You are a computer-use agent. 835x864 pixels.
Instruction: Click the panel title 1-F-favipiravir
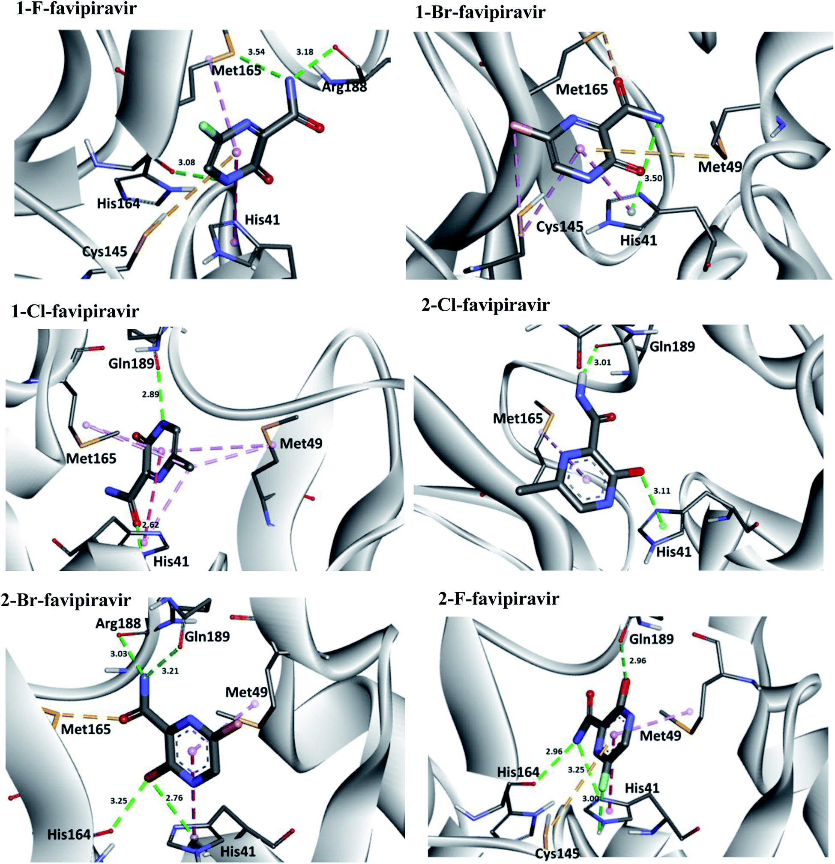pyautogui.click(x=76, y=9)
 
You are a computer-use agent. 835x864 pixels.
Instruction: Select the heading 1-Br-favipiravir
pyautogui.click(x=480, y=12)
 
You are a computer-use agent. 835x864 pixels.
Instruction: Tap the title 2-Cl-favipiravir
pyautogui.click(x=485, y=304)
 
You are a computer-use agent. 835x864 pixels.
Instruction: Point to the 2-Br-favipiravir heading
pyautogui.click(x=66, y=600)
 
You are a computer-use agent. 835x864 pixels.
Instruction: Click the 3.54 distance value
pyautogui.click(x=256, y=52)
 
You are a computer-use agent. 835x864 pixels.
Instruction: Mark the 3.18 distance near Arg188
pyautogui.click(x=305, y=52)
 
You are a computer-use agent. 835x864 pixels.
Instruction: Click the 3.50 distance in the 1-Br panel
pyautogui.click(x=653, y=178)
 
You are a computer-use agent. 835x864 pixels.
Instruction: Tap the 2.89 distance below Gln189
pyautogui.click(x=150, y=394)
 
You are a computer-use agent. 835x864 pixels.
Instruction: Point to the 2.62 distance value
pyautogui.click(x=150, y=525)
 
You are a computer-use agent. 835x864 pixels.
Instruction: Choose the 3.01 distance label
pyautogui.click(x=602, y=362)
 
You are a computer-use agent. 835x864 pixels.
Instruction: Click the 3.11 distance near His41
pyautogui.click(x=662, y=491)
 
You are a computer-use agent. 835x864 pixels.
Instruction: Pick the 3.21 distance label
pyautogui.click(x=170, y=683)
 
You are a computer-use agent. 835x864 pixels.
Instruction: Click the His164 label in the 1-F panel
pyautogui.click(x=118, y=204)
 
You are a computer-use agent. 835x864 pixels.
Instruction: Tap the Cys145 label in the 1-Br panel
pyautogui.click(x=560, y=227)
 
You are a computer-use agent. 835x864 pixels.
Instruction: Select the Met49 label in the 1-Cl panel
pyautogui.click(x=301, y=444)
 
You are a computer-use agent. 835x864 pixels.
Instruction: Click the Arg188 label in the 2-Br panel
pyautogui.click(x=118, y=623)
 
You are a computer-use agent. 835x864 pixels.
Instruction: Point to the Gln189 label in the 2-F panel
pyautogui.click(x=652, y=639)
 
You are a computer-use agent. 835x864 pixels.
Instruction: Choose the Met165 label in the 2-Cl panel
pyautogui.click(x=518, y=418)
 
